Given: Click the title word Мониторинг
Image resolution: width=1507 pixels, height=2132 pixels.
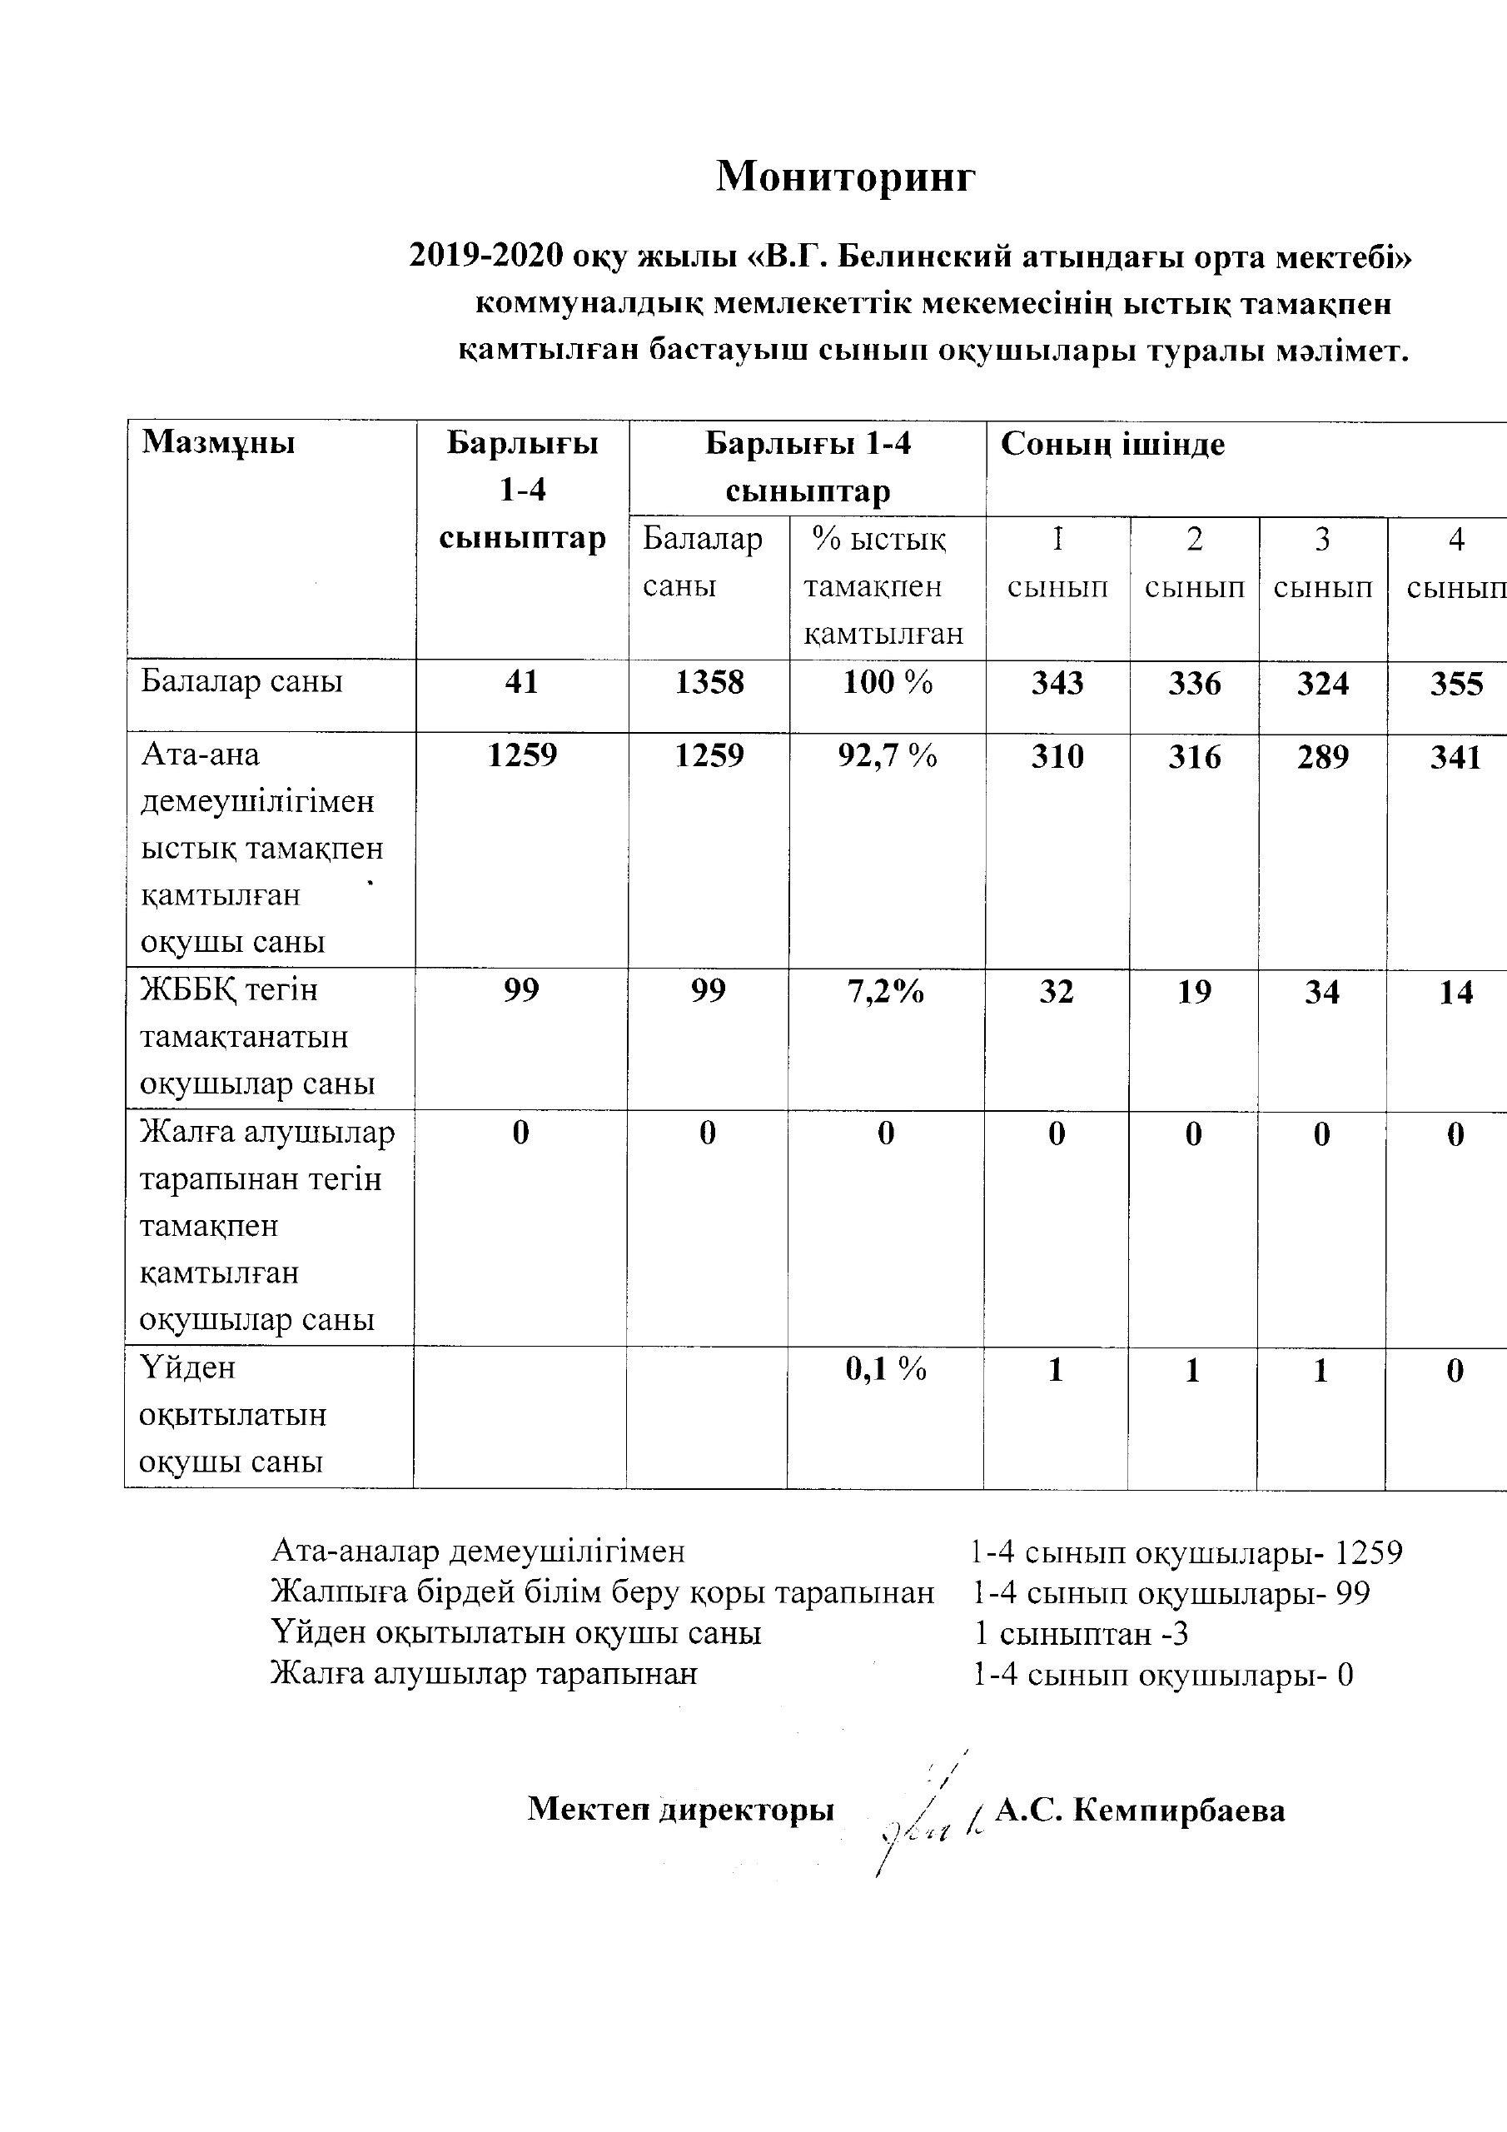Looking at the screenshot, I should [x=845, y=177].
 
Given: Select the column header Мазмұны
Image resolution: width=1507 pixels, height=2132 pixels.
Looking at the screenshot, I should [x=218, y=443].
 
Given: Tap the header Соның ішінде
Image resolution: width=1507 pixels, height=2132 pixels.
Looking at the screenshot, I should [x=1112, y=445].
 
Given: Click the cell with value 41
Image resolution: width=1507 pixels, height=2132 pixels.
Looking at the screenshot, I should [x=522, y=683].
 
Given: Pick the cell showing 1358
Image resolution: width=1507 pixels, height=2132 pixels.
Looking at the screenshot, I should [x=709, y=683].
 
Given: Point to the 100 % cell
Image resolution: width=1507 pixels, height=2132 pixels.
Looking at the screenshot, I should [x=887, y=683].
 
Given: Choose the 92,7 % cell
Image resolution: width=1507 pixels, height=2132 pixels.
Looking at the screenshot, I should [x=887, y=756].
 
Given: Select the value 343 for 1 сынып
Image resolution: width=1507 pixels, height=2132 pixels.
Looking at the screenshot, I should [x=1057, y=684].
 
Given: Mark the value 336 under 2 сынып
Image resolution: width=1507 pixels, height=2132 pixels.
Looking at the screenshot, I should [x=1194, y=684].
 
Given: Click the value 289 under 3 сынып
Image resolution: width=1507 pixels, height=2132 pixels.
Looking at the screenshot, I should [x=1322, y=757].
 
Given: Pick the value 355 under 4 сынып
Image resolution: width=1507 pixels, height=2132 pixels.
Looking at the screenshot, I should [x=1456, y=685].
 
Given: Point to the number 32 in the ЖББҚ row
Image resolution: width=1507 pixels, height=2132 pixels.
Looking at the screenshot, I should [x=1057, y=992].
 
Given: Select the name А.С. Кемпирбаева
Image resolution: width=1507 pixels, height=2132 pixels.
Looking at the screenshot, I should [x=1139, y=1810].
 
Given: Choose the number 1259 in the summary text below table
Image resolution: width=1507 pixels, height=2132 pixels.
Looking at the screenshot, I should [x=1368, y=1552].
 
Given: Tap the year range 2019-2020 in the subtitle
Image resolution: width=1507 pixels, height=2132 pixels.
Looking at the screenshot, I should [x=485, y=257].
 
